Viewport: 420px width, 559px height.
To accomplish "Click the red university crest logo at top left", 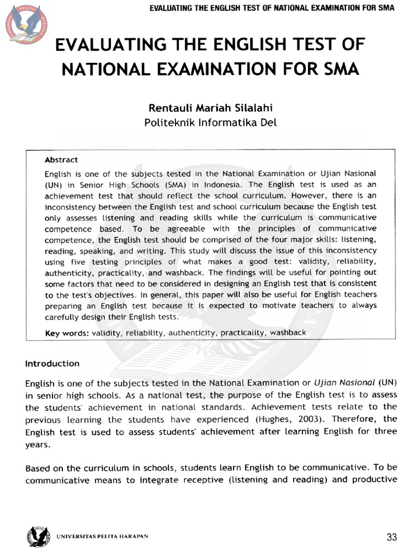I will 26,24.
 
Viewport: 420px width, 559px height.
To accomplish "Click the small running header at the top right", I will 271,8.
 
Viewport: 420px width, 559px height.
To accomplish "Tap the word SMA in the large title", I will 338,69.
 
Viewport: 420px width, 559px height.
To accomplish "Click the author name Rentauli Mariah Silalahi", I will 210,108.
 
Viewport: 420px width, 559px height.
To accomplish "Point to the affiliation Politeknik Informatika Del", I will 210,122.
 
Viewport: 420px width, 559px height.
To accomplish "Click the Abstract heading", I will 61,160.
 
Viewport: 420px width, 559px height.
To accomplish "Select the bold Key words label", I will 67,332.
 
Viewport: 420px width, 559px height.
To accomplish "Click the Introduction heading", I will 52,364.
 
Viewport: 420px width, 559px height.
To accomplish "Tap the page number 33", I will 392,537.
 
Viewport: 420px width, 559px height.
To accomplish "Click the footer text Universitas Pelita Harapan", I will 102,536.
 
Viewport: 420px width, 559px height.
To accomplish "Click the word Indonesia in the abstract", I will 215,185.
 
